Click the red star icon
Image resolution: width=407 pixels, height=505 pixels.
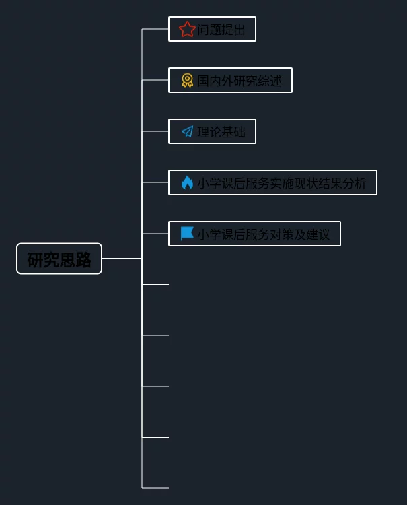[x=187, y=30]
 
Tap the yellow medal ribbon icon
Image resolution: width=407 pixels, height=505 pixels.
[x=187, y=80]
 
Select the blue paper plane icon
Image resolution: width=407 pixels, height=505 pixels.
[x=187, y=131]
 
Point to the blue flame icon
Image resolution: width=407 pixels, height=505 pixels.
[x=187, y=182]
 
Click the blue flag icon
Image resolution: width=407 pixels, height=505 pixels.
[x=187, y=234]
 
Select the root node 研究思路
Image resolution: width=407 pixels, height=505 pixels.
[x=59, y=259]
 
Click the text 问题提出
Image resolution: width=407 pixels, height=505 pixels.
[x=221, y=30]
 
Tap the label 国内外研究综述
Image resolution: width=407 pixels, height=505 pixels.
[x=239, y=81]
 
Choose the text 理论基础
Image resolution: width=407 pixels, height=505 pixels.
[x=221, y=132]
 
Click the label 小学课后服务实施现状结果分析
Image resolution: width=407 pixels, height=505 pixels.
[x=282, y=183]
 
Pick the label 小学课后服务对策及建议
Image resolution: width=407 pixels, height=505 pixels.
[x=264, y=234]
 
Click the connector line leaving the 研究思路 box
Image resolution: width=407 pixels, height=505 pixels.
[x=122, y=259]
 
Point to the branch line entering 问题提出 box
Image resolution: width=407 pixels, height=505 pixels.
[x=155, y=29]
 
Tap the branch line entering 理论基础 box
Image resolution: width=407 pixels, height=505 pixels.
[x=155, y=131]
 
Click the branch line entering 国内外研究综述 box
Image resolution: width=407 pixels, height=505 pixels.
[x=155, y=80]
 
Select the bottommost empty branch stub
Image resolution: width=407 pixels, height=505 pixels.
[x=155, y=488]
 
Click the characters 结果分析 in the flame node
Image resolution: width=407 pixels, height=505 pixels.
[x=342, y=183]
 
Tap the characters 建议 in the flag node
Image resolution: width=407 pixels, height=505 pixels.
[x=318, y=234]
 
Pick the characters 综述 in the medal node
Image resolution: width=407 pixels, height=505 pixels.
[x=270, y=81]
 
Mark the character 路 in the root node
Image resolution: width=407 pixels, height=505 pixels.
[x=83, y=260]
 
